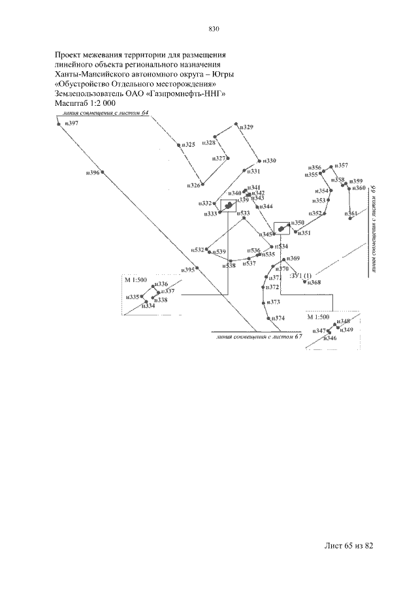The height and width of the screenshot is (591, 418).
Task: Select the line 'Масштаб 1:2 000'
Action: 85,103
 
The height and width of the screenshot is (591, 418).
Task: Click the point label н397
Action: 71,123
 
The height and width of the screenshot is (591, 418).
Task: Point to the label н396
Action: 93,173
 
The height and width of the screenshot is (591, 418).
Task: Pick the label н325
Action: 189,144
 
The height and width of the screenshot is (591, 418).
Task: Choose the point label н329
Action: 246,127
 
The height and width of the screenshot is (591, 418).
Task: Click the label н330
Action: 269,161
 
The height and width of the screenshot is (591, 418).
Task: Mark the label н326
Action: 194,186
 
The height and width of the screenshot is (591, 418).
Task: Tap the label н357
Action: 341,166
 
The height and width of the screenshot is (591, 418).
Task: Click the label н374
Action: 278,318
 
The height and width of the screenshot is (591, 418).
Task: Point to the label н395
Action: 188,269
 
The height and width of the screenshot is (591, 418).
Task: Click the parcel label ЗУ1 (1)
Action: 301,275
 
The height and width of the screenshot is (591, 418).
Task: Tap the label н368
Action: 314,282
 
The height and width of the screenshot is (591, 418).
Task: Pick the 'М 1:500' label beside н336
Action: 135,280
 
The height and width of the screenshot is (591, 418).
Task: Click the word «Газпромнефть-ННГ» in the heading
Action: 190,93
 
